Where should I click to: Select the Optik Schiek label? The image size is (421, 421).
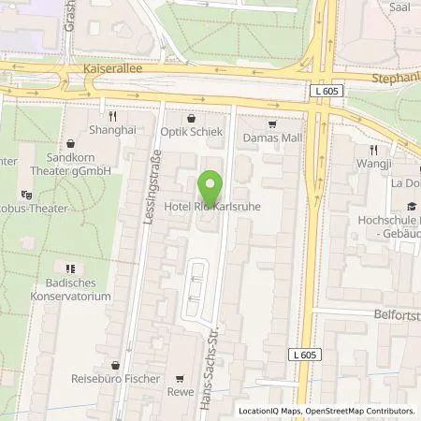(x=192, y=132)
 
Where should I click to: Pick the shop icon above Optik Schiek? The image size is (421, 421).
(x=192, y=118)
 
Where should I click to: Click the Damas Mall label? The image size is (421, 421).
(x=272, y=138)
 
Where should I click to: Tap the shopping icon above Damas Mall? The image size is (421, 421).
(x=272, y=123)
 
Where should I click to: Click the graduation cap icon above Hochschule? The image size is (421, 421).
(x=411, y=207)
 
